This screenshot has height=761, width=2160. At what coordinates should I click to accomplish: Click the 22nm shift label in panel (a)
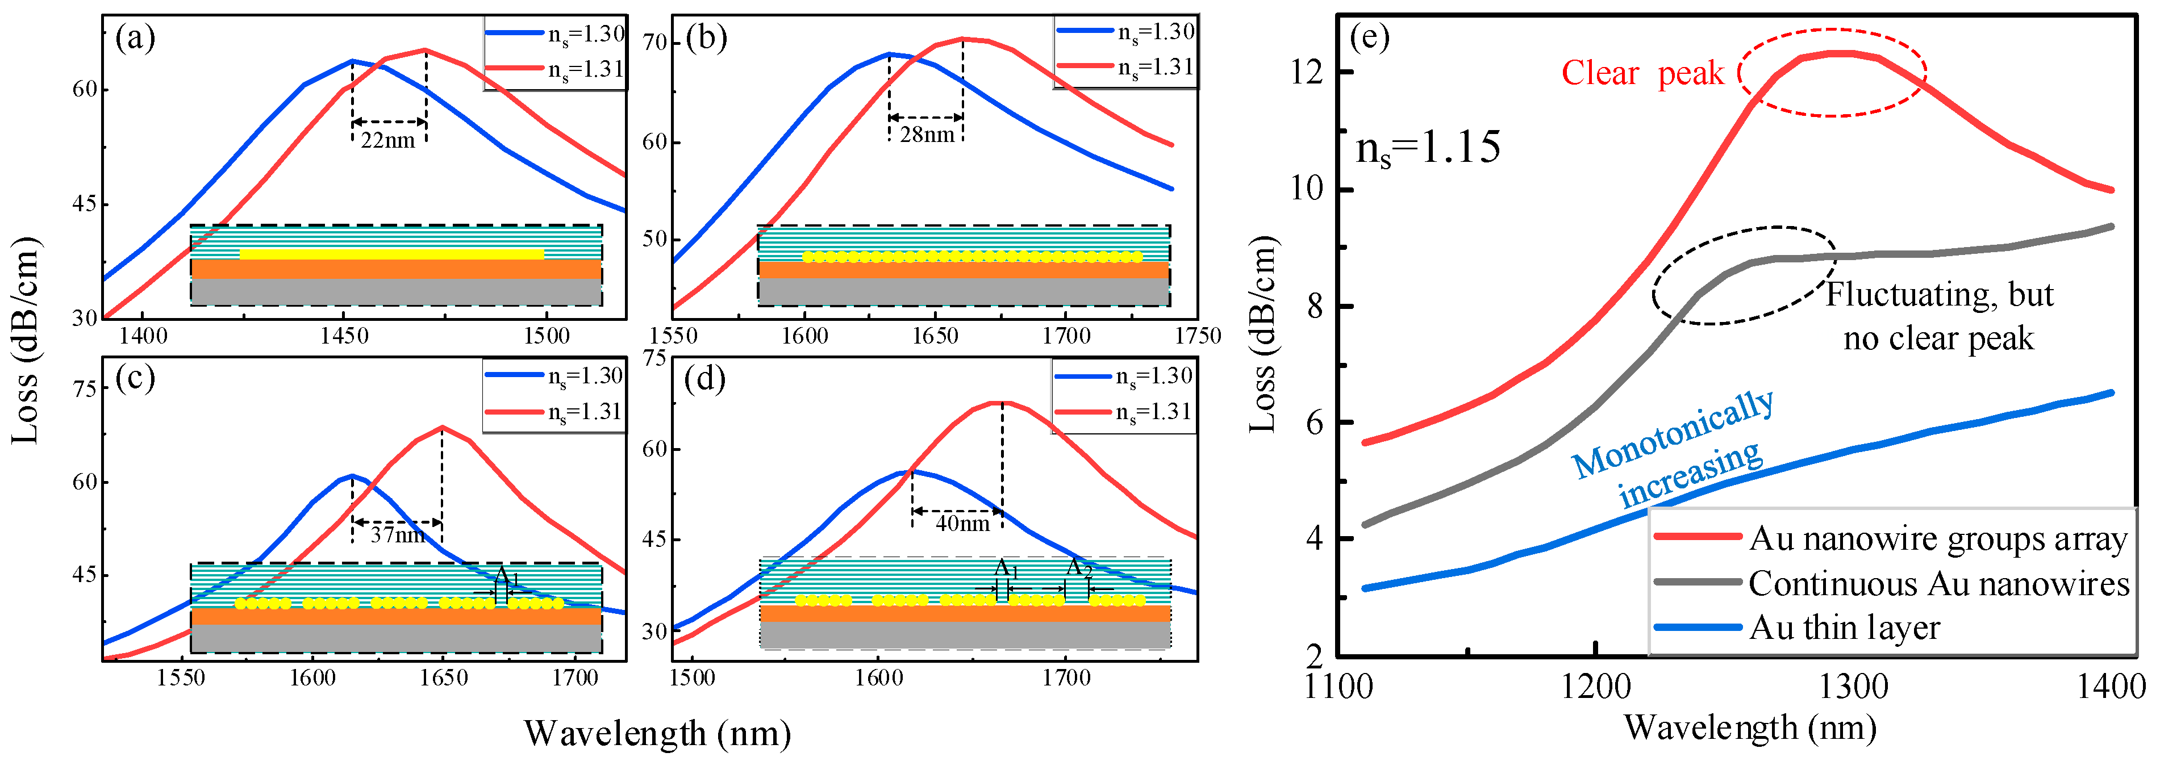pos(387,141)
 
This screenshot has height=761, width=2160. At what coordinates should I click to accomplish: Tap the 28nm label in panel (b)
pos(927,135)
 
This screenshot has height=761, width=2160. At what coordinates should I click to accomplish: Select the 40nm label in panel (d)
pos(962,524)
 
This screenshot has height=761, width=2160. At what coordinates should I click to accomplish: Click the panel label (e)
pos(1369,37)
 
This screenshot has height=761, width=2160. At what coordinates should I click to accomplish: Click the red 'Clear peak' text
pos(1642,74)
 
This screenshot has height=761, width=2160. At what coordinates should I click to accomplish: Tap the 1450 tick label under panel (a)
pos(344,337)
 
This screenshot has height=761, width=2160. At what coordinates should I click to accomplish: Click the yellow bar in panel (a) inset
pos(391,254)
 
